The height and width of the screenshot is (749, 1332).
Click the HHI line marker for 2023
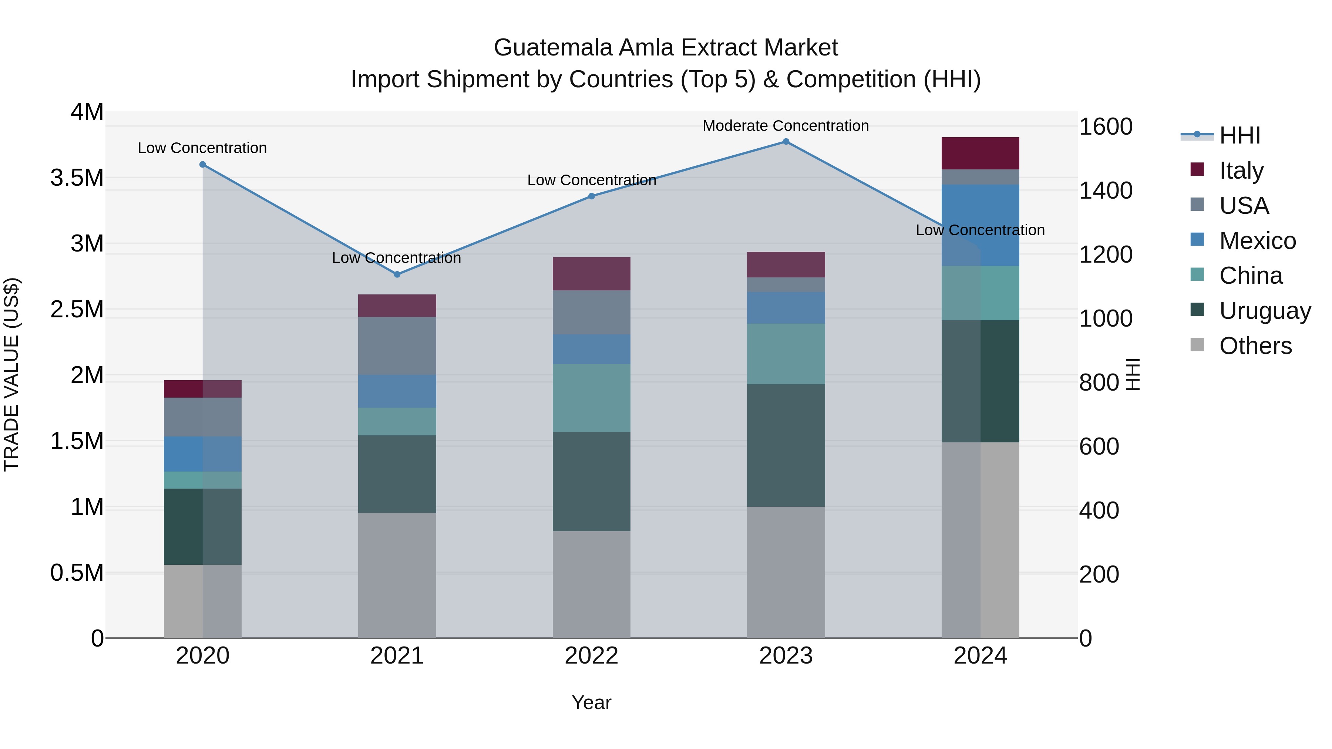coord(786,142)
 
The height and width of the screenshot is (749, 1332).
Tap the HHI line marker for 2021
coord(397,274)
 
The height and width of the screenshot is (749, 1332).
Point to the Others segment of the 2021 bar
coord(397,575)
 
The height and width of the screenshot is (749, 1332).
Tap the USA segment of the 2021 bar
coord(397,345)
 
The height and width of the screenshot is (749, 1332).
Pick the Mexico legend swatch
coord(1197,240)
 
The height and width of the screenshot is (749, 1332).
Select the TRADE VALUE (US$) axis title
coord(11,374)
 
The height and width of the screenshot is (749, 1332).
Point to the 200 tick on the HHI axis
coord(1099,574)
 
